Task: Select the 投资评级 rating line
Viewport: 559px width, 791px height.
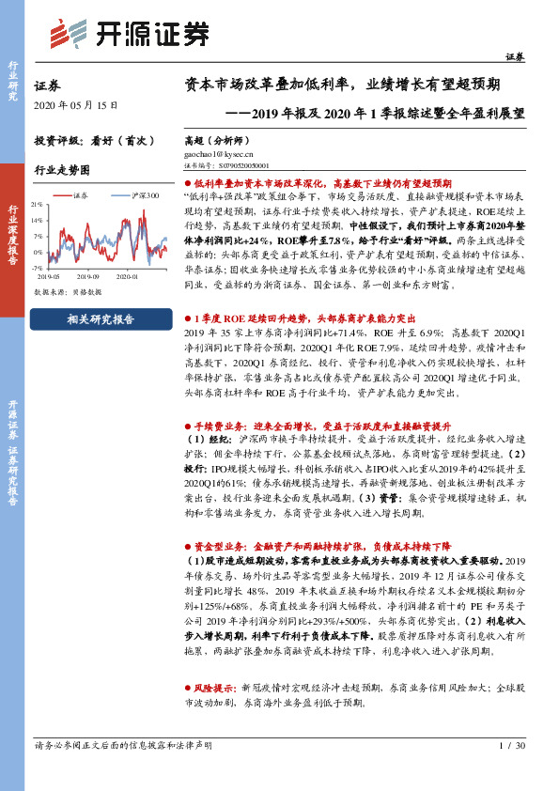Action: [x=94, y=139]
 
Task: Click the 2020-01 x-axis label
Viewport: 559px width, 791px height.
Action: [x=126, y=277]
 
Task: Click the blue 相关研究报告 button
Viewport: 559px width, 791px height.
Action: [x=101, y=319]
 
